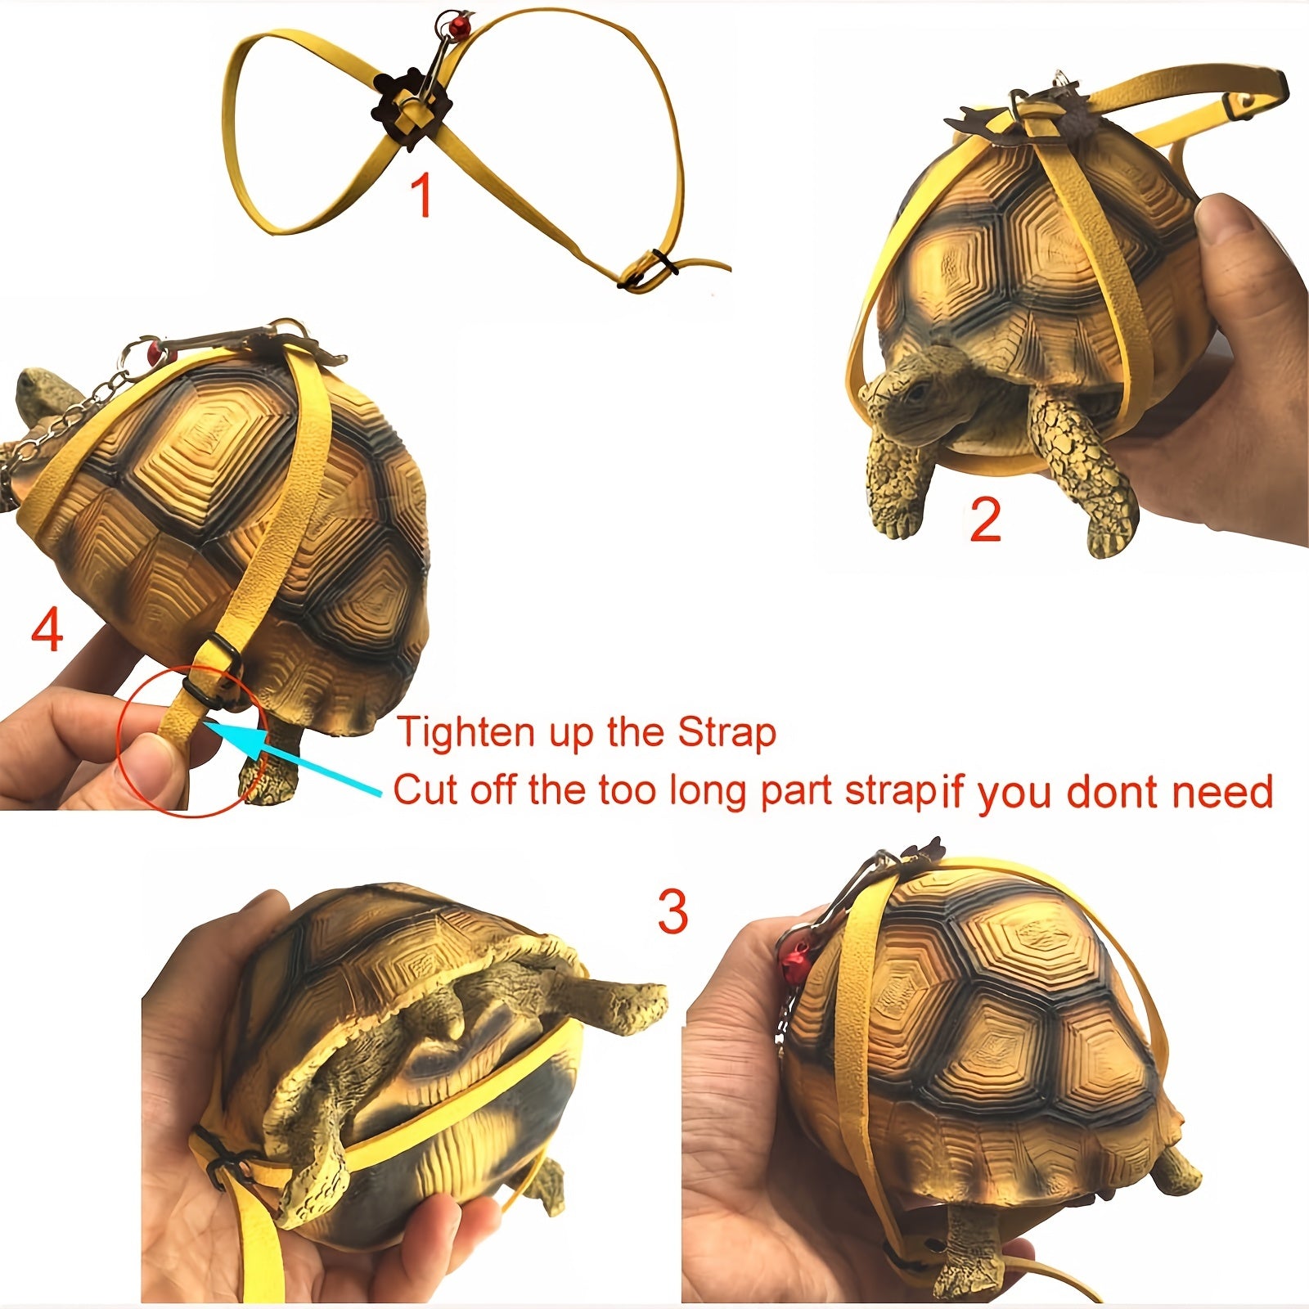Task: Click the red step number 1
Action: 421,196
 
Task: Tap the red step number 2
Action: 986,520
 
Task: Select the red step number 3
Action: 673,911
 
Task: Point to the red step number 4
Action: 47,630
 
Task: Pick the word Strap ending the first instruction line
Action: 726,734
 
